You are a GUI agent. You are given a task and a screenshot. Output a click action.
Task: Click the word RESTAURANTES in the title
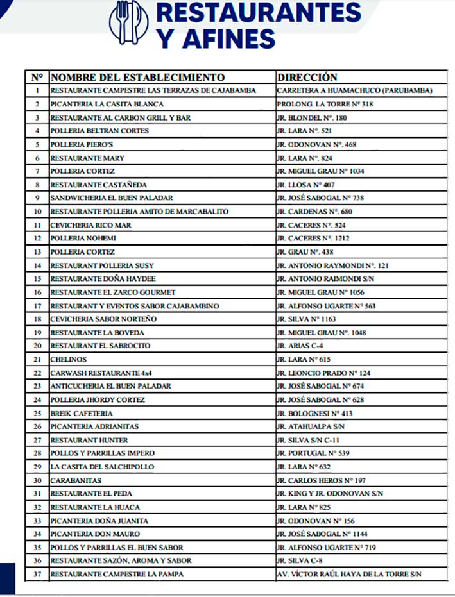point(259,13)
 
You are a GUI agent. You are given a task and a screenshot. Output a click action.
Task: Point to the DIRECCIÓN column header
point(307,77)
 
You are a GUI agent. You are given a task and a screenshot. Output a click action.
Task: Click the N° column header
point(37,77)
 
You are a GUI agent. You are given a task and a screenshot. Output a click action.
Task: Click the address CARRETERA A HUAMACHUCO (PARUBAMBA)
point(354,90)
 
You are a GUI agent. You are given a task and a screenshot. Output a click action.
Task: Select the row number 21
point(37,359)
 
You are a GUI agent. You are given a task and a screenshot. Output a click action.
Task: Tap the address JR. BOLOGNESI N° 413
point(314,413)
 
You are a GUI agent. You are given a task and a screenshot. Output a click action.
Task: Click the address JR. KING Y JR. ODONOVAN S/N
point(330,494)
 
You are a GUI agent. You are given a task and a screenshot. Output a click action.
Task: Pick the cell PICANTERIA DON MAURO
point(95,534)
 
